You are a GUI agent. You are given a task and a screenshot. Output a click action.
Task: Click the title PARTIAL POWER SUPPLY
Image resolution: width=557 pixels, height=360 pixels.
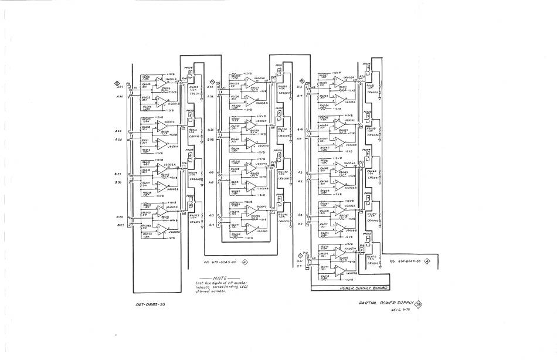(386, 303)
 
